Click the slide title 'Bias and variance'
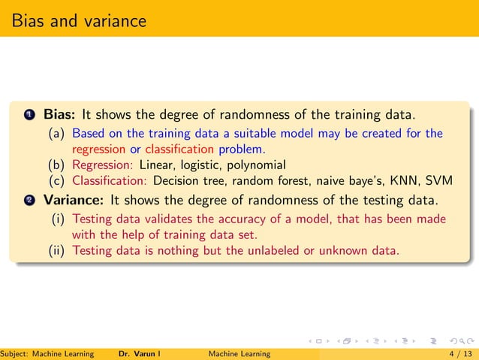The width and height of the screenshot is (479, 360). pos(79,20)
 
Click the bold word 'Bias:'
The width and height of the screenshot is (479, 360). pos(59,115)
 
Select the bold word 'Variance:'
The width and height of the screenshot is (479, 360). pos(74,201)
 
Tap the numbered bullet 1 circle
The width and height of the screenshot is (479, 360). pos(29,116)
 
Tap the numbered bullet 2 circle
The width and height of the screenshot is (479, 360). pos(29,201)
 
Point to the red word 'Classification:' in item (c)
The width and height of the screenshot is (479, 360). pos(110,180)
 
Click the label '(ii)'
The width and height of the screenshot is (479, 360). pos(58,250)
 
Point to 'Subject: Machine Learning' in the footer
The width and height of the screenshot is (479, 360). pos(47,353)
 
